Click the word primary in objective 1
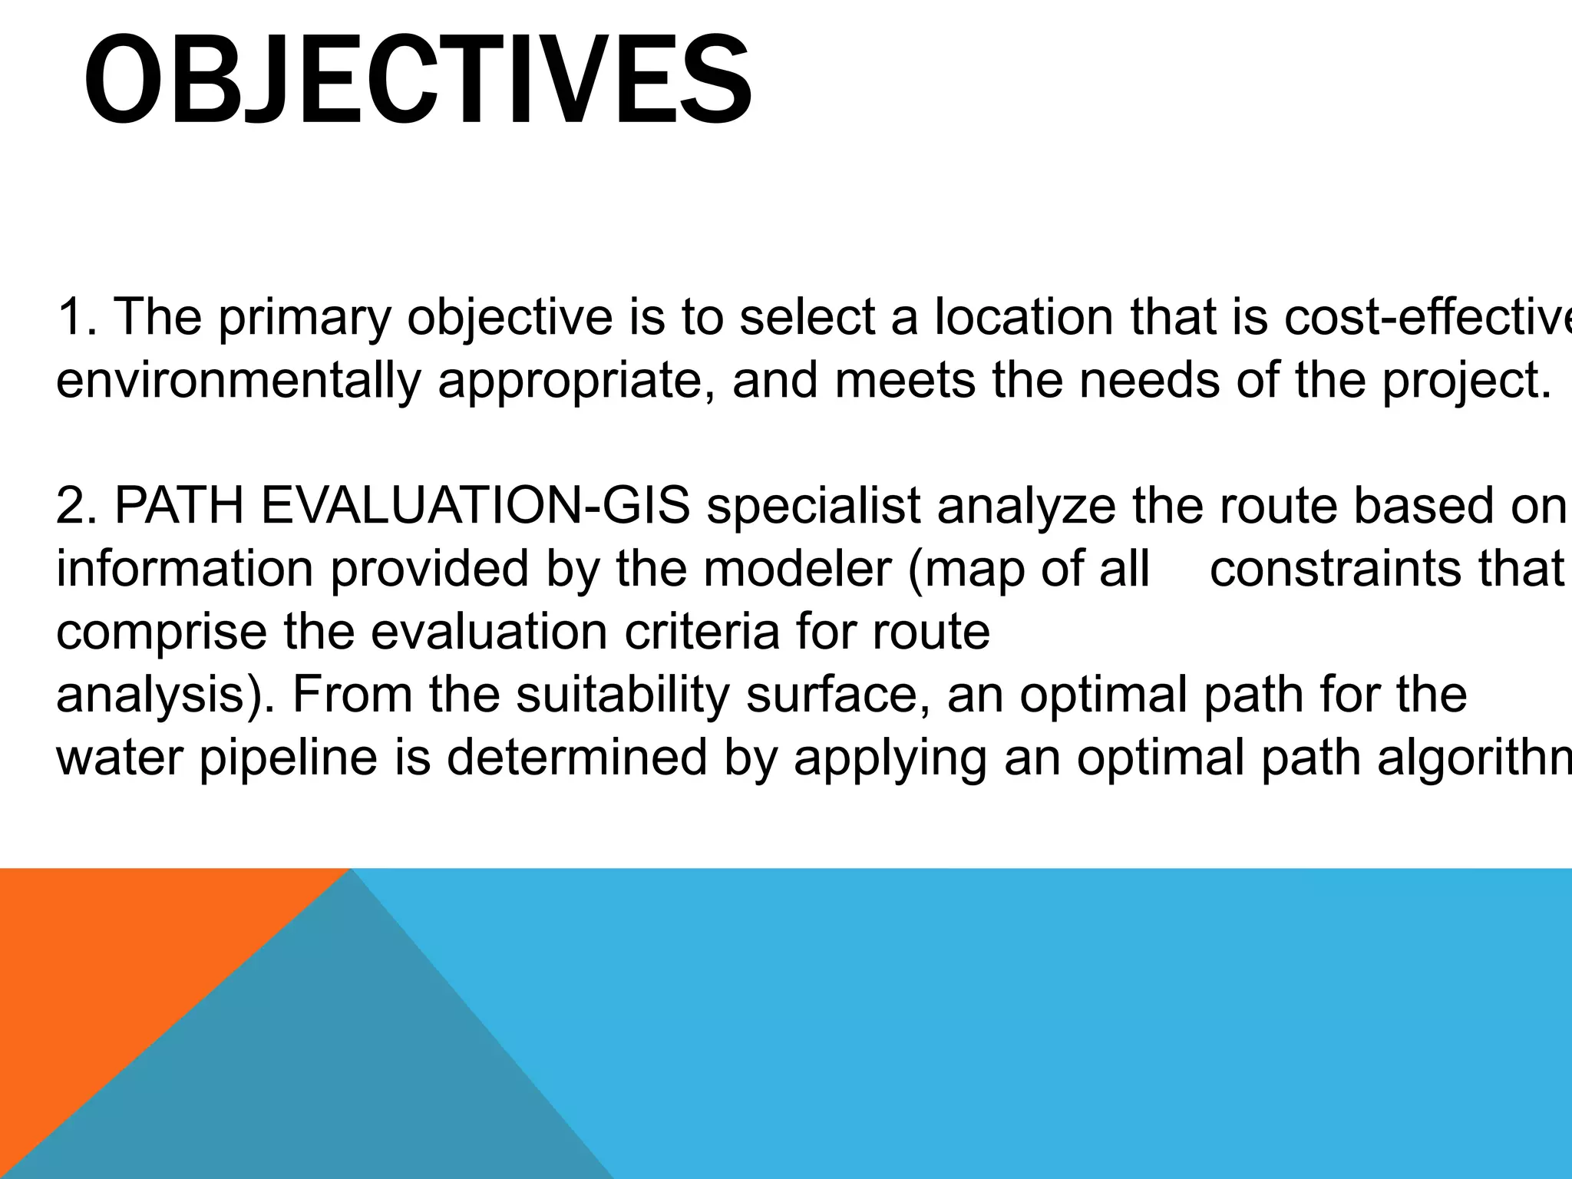(x=305, y=318)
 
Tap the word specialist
(x=813, y=507)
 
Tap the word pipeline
(x=289, y=758)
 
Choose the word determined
(x=576, y=758)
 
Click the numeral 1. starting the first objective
(x=77, y=318)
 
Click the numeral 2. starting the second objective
(x=77, y=507)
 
